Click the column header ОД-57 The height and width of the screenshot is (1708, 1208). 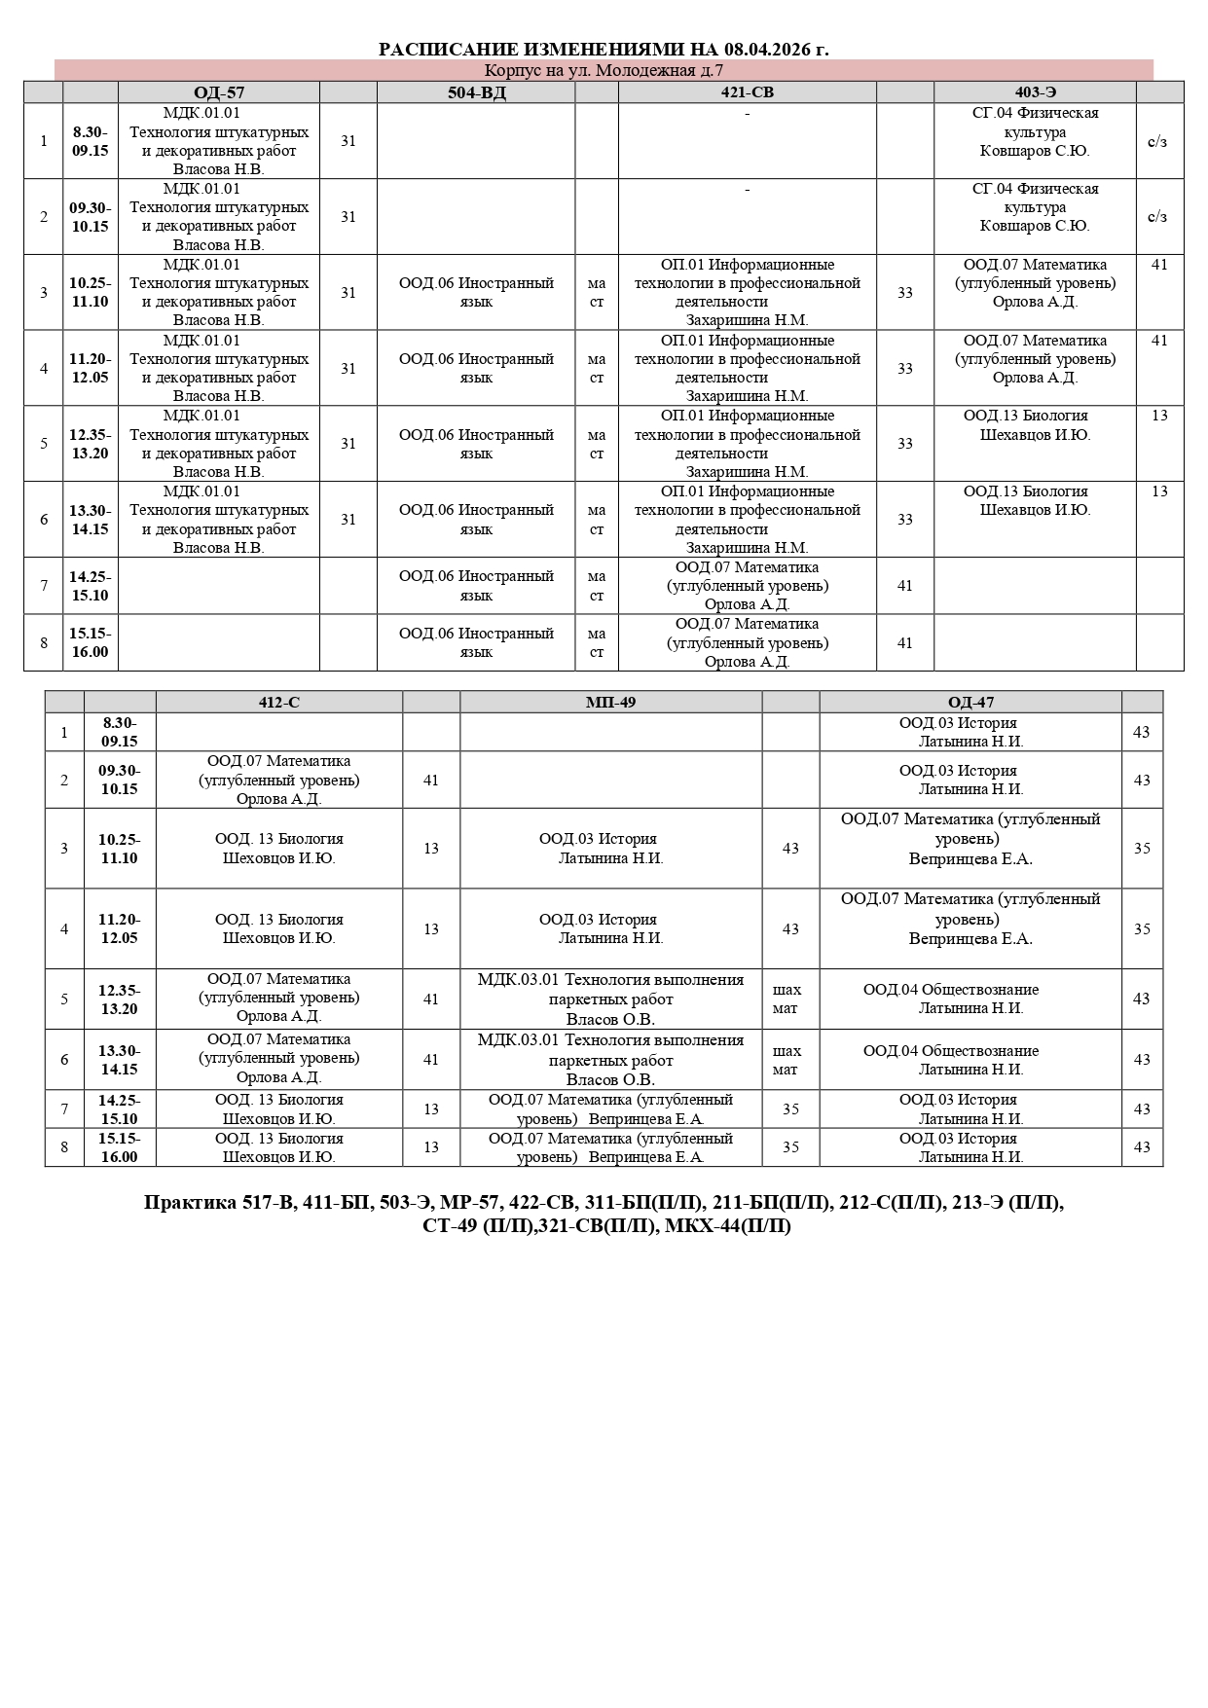pyautogui.click(x=219, y=92)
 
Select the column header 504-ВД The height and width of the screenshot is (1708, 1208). pyautogui.click(x=477, y=92)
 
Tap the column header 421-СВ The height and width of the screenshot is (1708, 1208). pyautogui.click(x=748, y=92)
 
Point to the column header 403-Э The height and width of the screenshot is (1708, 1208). pyautogui.click(x=1035, y=92)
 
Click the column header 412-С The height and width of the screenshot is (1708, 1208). pyautogui.click(x=279, y=702)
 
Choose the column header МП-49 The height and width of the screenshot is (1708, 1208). pyautogui.click(x=610, y=702)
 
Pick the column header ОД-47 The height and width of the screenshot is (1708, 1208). pyautogui.click(x=970, y=702)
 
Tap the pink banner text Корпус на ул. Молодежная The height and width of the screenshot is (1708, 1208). pyautogui.click(x=604, y=70)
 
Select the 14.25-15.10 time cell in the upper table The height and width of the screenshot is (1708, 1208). pyautogui.click(x=90, y=586)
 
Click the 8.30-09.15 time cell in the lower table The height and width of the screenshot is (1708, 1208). pyautogui.click(x=119, y=732)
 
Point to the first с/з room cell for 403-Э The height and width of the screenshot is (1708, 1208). pyautogui.click(x=1157, y=141)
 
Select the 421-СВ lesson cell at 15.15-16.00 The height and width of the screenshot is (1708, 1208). pyautogui.click(x=748, y=642)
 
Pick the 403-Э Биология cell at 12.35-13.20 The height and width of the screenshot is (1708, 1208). pyautogui.click(x=1035, y=425)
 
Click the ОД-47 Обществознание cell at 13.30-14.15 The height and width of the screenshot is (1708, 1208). pyautogui.click(x=951, y=1059)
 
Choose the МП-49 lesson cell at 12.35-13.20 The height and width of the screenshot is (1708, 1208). pyautogui.click(x=610, y=999)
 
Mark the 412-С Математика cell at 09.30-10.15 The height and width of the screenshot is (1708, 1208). pyautogui.click(x=279, y=780)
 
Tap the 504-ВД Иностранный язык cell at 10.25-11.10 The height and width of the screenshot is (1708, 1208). pyautogui.click(x=477, y=292)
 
